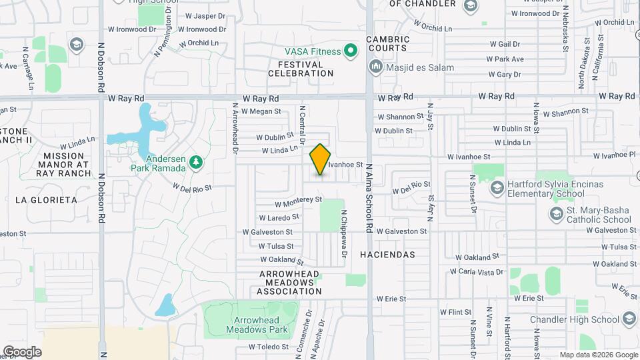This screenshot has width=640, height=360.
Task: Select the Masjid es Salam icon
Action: [375, 67]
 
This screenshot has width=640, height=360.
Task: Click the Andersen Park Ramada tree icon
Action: [195, 161]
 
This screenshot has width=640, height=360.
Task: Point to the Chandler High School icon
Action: [629, 319]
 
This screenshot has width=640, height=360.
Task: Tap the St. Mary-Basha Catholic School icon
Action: [556, 214]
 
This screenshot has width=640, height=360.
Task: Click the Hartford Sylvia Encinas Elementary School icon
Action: [496, 189]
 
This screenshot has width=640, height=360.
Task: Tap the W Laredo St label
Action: [280, 217]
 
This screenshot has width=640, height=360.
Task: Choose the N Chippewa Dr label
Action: [344, 235]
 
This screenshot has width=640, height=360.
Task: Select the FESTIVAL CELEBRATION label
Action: [301, 69]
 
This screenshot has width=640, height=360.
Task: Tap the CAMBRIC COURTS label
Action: [387, 43]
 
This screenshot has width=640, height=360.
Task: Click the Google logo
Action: [22, 351]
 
